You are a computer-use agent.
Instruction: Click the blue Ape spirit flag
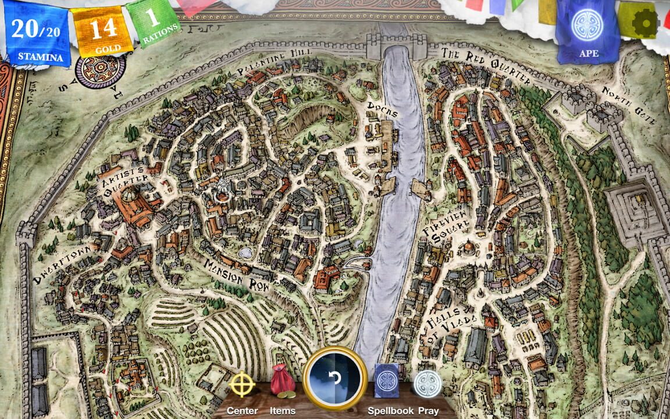(587, 31)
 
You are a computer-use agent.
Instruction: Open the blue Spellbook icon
(386, 382)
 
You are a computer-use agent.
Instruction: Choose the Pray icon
(427, 385)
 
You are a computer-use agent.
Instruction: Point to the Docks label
(382, 109)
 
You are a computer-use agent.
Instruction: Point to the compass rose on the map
(101, 72)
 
